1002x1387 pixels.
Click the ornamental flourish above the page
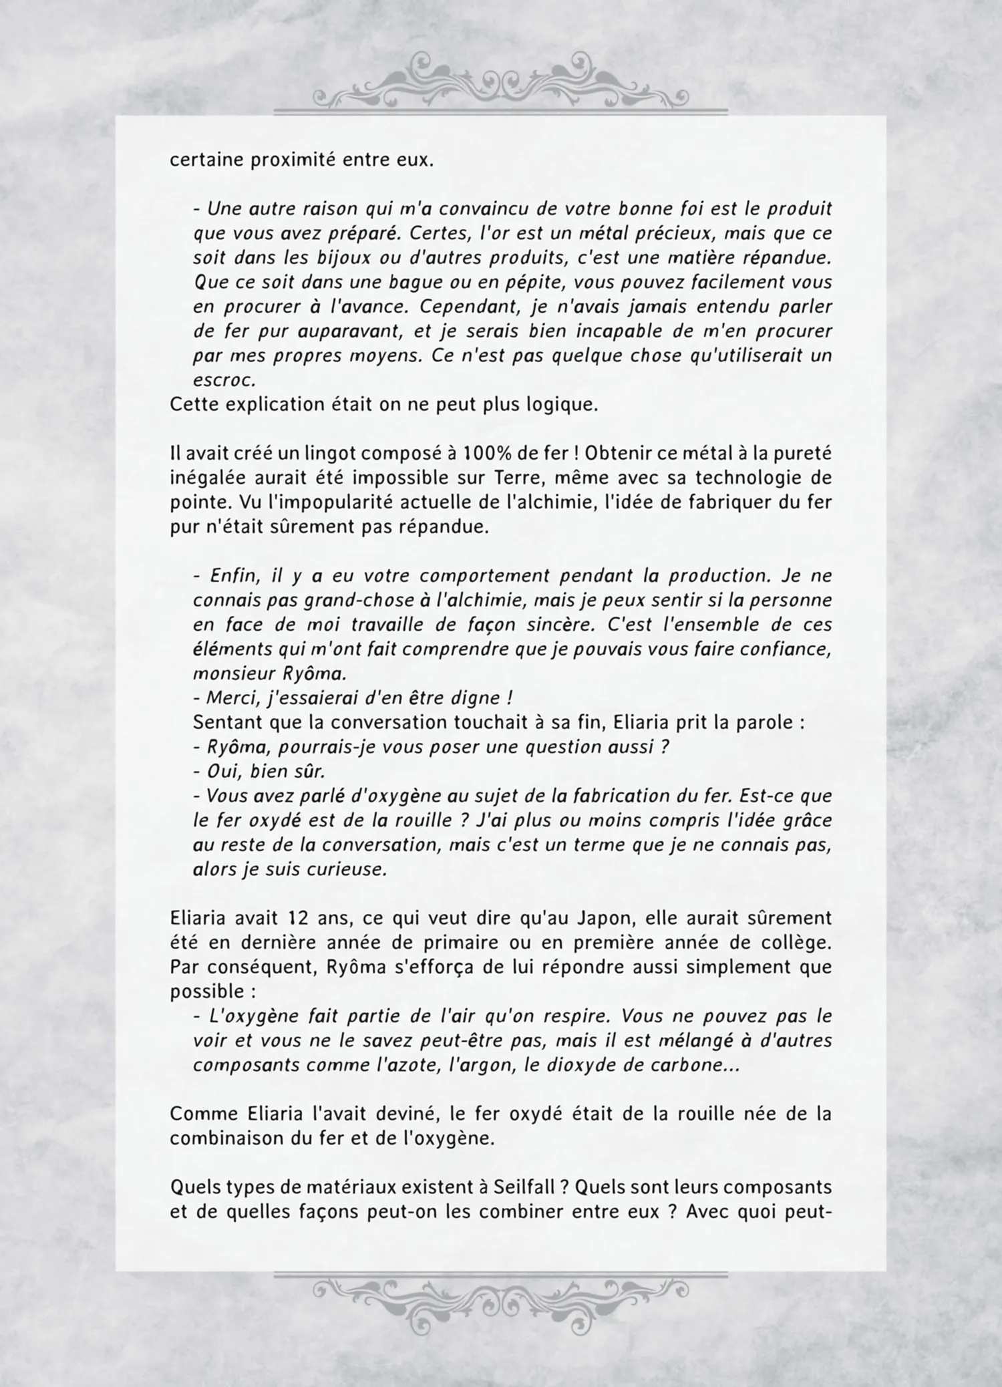pos(500,84)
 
